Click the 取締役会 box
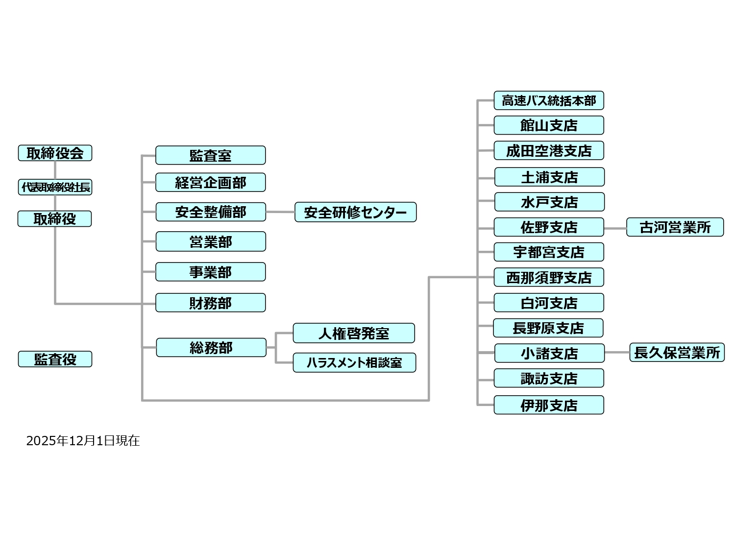coord(55,153)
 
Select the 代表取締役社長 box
coord(55,187)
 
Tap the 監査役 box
coord(55,359)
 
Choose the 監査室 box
coord(210,155)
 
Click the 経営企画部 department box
coord(210,182)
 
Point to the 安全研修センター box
coord(355,212)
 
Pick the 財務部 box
coord(210,303)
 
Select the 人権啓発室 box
coord(353,333)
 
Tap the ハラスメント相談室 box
coord(354,362)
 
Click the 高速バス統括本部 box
coord(548,100)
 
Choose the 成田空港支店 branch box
coord(548,150)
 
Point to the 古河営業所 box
coord(675,227)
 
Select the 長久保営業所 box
coord(677,352)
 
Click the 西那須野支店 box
coord(548,277)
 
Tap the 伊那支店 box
coord(548,405)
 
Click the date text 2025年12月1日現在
coord(83,441)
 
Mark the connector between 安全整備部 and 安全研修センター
coord(280,212)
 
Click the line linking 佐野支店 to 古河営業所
coord(615,228)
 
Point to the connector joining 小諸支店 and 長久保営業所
coord(617,352)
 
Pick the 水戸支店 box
coord(549,202)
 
